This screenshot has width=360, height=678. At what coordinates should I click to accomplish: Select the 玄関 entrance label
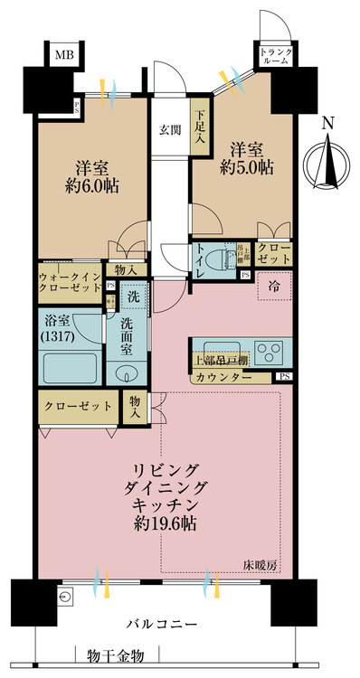[169, 129]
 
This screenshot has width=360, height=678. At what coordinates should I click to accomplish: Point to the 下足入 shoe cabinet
[200, 129]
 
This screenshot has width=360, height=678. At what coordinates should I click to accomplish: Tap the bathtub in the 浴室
[70, 369]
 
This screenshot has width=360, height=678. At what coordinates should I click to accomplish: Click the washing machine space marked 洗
[133, 297]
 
